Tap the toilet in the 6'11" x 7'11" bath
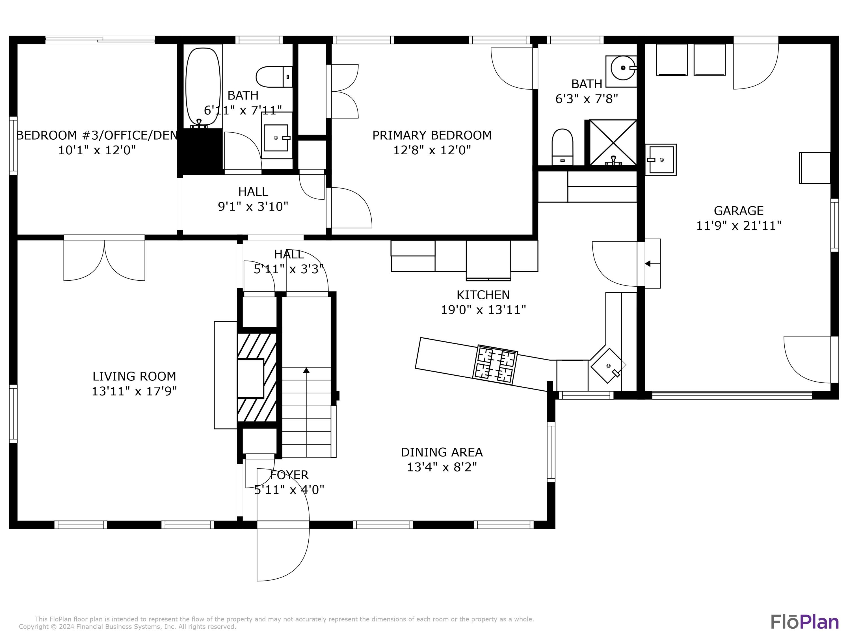[274, 77]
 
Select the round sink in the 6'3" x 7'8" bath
[622, 68]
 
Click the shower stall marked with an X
[613, 143]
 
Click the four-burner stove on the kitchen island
[496, 364]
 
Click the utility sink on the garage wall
[661, 159]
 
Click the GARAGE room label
[738, 211]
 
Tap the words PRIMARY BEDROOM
[432, 135]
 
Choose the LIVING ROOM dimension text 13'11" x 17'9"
[134, 391]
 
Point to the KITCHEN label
[483, 295]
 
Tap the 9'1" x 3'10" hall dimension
[253, 207]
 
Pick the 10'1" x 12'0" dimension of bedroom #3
[97, 150]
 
